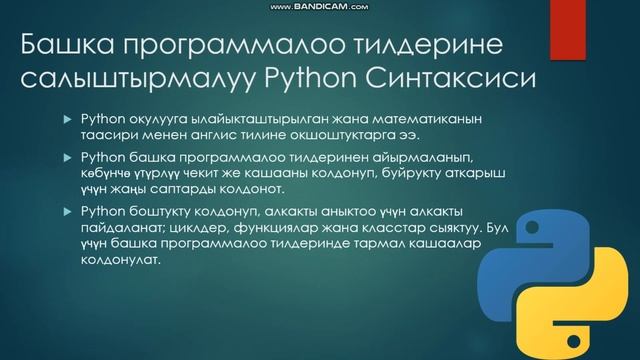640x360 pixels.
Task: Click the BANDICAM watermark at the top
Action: [x=320, y=7]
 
